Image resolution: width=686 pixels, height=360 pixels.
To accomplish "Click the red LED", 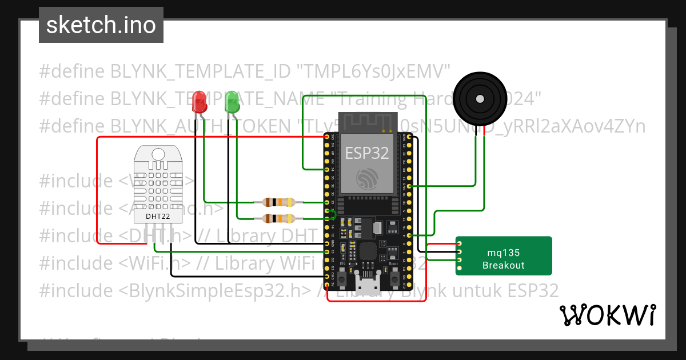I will point(200,102).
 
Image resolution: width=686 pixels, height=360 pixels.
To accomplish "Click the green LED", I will point(232,102).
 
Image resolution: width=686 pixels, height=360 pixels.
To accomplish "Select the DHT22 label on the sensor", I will point(157,217).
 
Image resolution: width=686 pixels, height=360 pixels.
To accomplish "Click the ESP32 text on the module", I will point(366,153).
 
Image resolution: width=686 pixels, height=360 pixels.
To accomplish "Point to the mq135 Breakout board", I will point(504,256).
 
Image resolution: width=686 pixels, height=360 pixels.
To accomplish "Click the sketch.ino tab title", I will point(101,25).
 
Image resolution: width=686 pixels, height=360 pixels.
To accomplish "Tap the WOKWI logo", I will point(607,315).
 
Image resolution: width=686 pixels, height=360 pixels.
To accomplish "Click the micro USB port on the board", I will point(366,285).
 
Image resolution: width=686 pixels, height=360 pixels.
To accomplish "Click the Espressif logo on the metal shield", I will point(366,179).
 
